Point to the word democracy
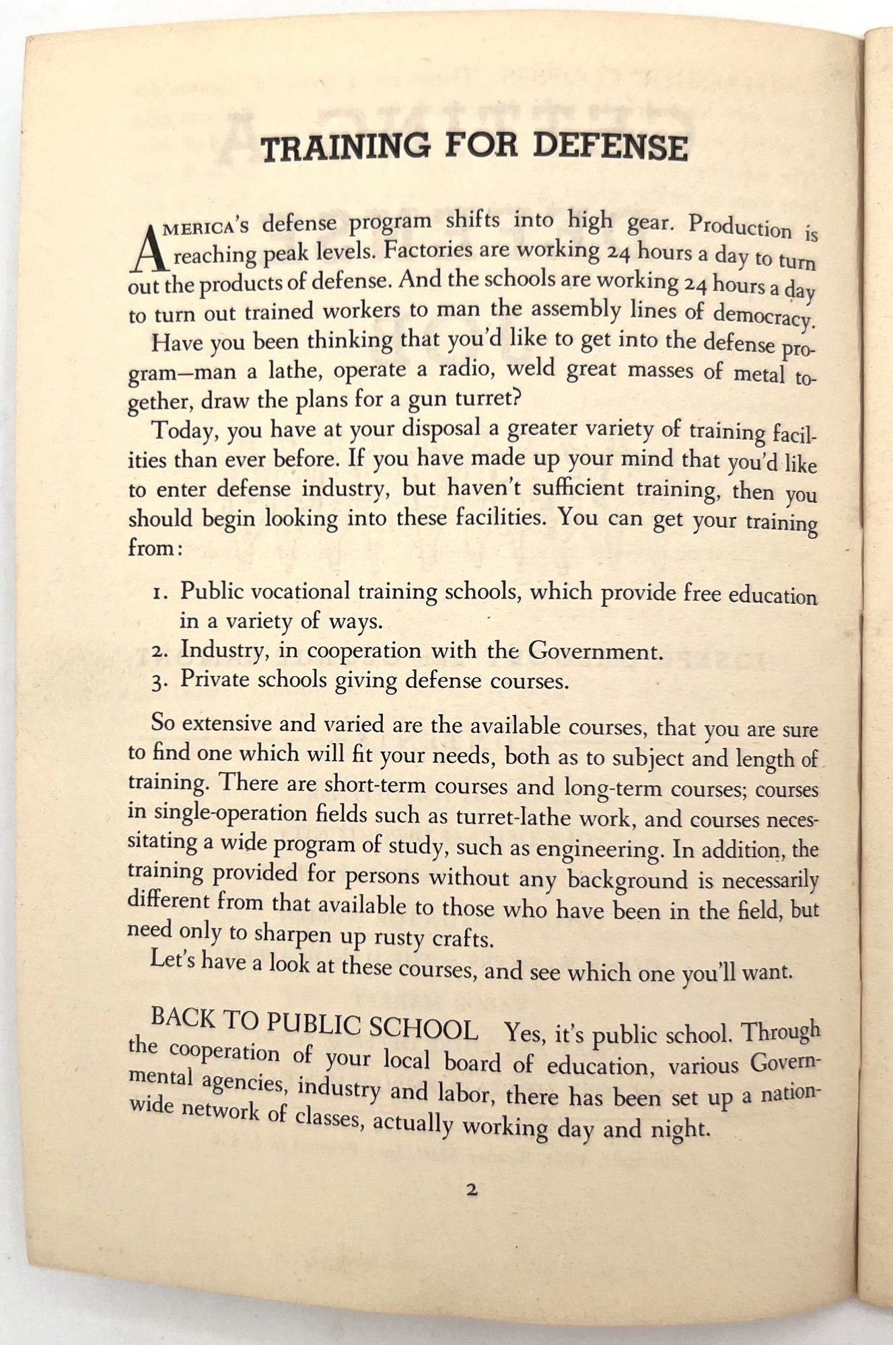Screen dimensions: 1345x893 point(763,315)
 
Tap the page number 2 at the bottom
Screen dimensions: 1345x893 point(471,1190)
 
